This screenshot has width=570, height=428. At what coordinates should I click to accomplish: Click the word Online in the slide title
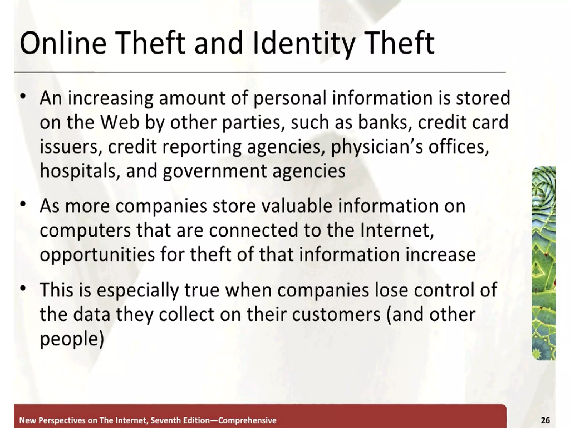(x=63, y=43)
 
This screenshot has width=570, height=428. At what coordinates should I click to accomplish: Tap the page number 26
(x=545, y=420)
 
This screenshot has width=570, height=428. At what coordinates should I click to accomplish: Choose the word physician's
(x=377, y=147)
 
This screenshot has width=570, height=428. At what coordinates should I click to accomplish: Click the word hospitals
(x=77, y=171)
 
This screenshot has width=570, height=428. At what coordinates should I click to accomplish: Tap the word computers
(x=85, y=231)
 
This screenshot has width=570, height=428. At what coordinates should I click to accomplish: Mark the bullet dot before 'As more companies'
(x=23, y=204)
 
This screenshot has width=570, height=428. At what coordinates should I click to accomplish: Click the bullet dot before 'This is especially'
(x=23, y=288)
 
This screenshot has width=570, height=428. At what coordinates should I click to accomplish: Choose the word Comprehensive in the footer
(x=247, y=420)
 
